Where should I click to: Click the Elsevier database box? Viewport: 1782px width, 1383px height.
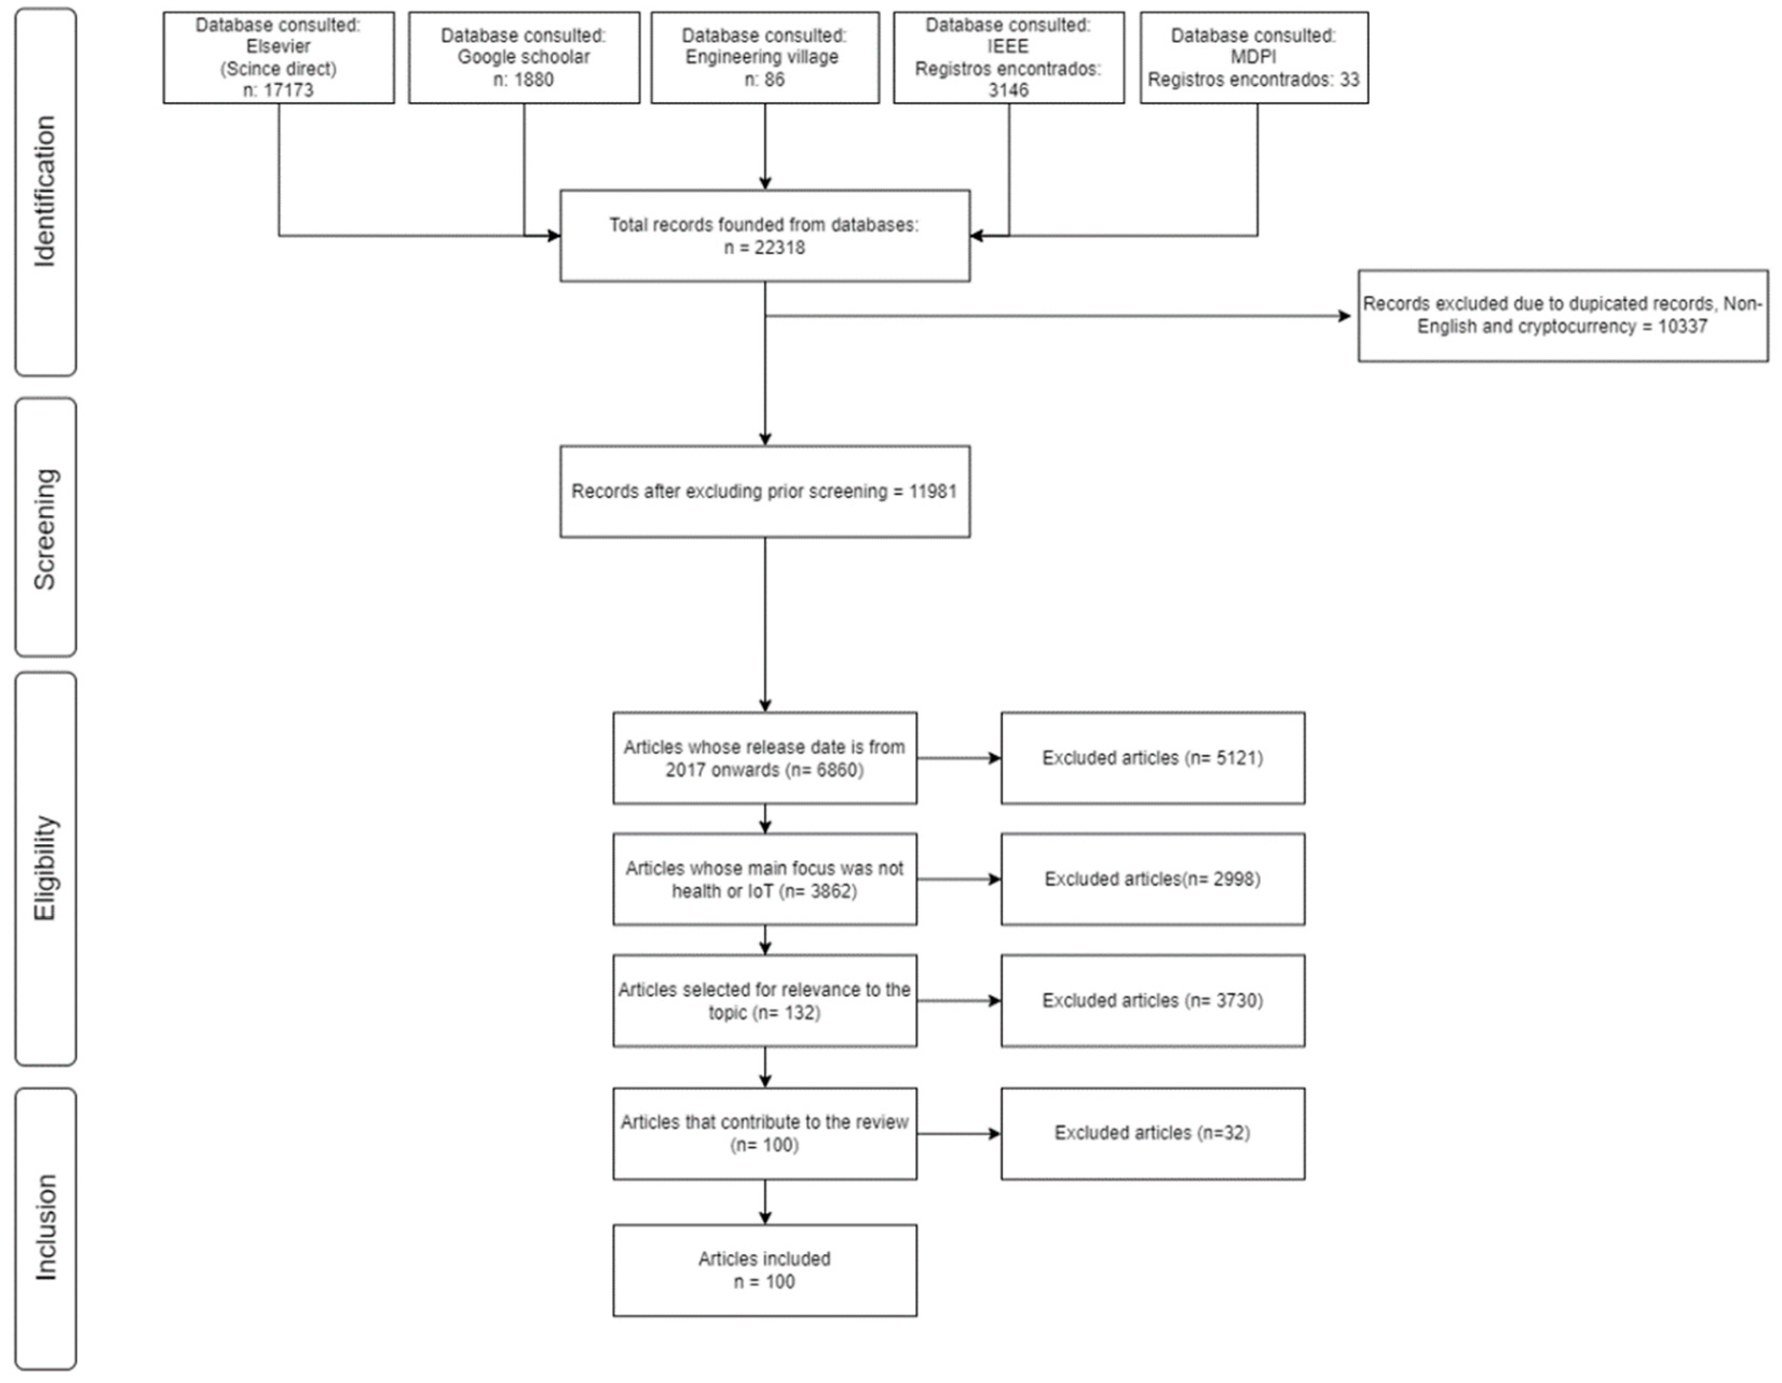278,57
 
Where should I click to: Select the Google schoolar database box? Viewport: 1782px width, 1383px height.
524,57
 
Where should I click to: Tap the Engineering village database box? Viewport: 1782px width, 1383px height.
764,57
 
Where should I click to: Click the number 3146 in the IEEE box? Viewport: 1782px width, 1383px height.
1009,90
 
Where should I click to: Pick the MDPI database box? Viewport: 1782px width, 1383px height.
1253,57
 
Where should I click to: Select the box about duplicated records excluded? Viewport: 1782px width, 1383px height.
1562,315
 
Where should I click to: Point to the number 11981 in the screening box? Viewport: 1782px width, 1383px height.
933,491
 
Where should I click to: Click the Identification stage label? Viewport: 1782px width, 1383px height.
45,192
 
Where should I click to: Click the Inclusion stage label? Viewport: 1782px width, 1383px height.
45,1227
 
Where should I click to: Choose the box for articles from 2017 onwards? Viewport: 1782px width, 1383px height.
764,757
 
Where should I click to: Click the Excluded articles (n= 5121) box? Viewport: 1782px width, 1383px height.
1152,757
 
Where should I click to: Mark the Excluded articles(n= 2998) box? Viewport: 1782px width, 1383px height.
1152,879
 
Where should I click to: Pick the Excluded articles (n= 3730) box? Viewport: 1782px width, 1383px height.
1152,1000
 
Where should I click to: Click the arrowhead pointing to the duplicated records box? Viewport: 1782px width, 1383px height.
1345,316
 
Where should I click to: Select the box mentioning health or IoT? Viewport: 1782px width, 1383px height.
764,879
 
